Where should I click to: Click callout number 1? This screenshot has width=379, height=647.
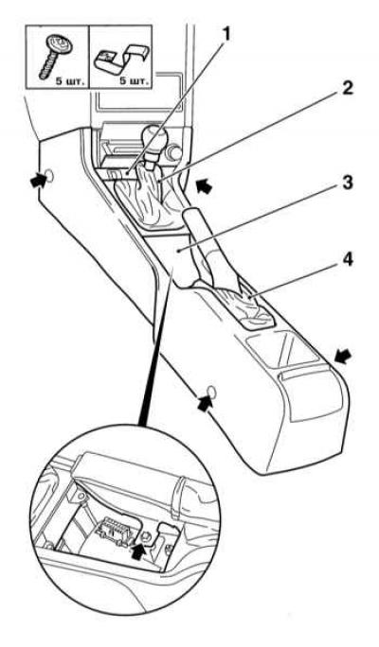pyautogui.click(x=226, y=35)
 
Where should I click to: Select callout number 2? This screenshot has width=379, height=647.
pyautogui.click(x=347, y=87)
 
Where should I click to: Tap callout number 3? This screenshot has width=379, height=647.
pyautogui.click(x=347, y=182)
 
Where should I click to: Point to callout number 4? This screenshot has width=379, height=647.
pyautogui.click(x=347, y=260)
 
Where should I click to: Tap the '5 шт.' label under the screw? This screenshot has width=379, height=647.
pyautogui.click(x=70, y=80)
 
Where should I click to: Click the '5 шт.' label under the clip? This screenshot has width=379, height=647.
pyautogui.click(x=134, y=80)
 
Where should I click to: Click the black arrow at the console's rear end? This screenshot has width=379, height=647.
pyautogui.click(x=344, y=356)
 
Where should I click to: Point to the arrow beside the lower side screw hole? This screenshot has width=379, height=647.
pyautogui.click(x=206, y=403)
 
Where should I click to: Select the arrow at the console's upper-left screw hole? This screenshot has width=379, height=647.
pyautogui.click(x=39, y=181)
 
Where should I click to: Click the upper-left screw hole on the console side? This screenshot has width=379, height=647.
pyautogui.click(x=49, y=176)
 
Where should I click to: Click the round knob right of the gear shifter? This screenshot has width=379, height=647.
pyautogui.click(x=175, y=153)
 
